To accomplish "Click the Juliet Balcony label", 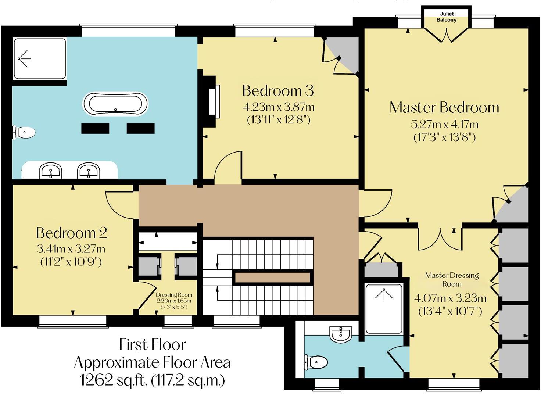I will point(447,17).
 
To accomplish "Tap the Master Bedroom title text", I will point(444,107).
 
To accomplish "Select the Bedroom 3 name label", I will point(278,90).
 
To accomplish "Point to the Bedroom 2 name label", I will point(72,233).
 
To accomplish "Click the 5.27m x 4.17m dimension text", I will point(444,124).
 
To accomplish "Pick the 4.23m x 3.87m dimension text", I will point(279,107).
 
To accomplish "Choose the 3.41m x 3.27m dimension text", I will point(71,249).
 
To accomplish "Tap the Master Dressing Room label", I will point(452,279).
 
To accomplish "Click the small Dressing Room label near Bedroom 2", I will point(174,295).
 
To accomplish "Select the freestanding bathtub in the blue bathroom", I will point(116,104).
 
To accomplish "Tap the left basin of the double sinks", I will point(50,171).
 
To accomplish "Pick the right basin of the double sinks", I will point(88,171).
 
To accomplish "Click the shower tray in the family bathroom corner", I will point(40,59).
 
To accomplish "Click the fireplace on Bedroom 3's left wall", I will point(212,101).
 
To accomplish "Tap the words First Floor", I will point(153,344).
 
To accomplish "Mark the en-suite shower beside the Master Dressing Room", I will point(384,309).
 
